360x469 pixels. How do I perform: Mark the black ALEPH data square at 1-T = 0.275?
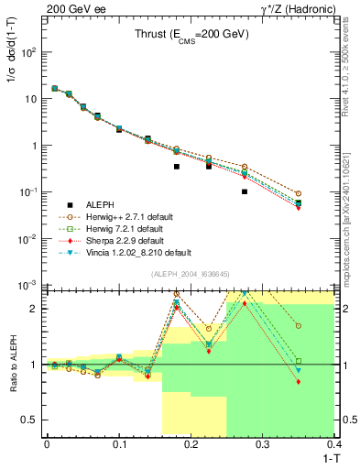coord(245,192)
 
